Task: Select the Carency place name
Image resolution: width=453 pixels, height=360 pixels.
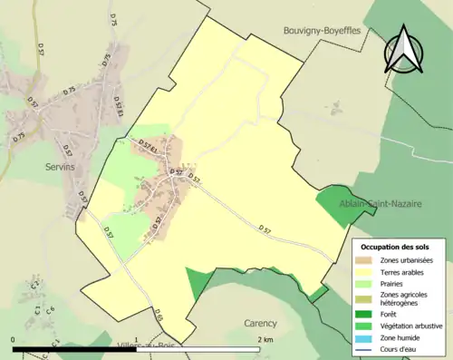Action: [261, 322]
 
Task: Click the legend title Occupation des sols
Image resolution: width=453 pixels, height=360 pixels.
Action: [397, 247]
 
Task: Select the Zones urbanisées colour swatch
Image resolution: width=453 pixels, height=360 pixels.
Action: [368, 260]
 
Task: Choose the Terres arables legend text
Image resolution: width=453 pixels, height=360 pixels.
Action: [405, 272]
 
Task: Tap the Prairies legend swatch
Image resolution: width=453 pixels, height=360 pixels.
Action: [368, 284]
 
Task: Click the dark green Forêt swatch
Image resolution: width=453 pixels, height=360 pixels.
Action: [368, 315]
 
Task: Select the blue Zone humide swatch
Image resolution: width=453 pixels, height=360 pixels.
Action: [368, 336]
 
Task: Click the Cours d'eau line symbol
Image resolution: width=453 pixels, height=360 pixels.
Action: [368, 348]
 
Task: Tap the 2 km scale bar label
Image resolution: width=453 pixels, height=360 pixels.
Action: [265, 339]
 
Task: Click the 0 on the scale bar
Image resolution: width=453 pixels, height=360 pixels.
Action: [14, 339]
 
